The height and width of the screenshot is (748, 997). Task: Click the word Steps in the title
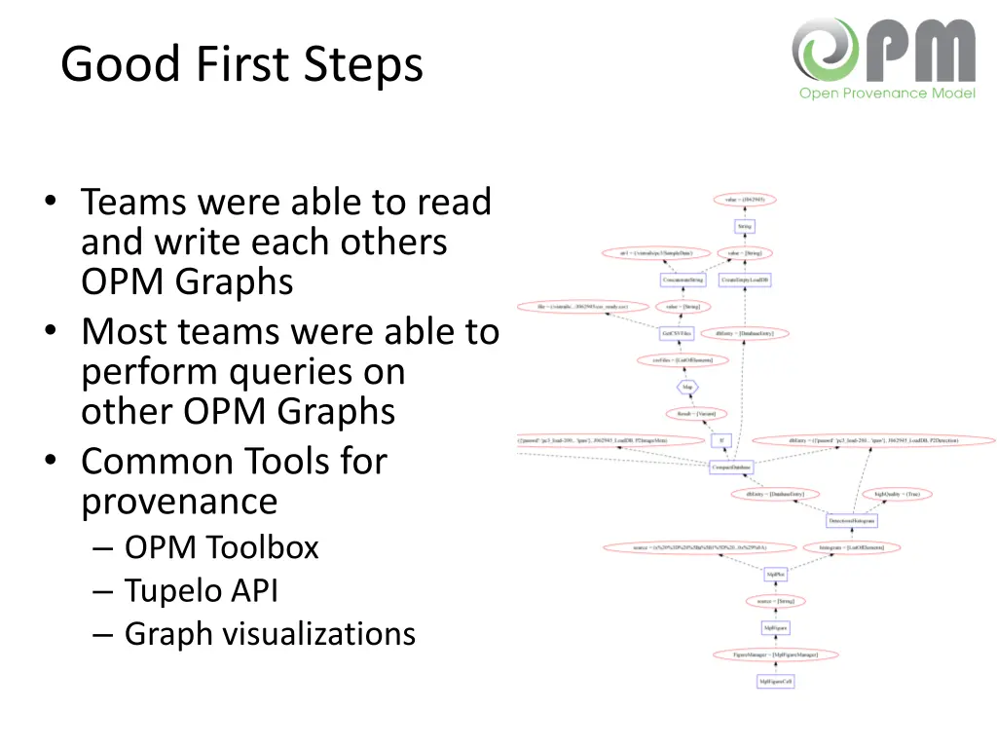(x=363, y=65)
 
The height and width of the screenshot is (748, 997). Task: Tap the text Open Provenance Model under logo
(x=887, y=93)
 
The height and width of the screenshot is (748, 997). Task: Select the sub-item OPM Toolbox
(x=221, y=547)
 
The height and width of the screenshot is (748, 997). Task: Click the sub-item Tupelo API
(x=201, y=590)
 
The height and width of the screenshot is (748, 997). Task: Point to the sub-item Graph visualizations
(x=270, y=633)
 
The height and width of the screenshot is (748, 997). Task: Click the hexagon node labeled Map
(x=688, y=387)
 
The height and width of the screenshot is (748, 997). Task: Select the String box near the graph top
(x=745, y=226)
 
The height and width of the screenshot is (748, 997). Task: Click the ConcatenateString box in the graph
(x=683, y=280)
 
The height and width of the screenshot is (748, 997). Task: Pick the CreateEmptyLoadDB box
(x=745, y=280)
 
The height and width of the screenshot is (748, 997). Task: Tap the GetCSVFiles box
(x=676, y=333)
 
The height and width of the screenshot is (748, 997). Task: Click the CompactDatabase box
(x=731, y=467)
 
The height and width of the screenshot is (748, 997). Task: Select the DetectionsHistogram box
(x=852, y=521)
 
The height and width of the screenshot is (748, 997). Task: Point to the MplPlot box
(x=775, y=575)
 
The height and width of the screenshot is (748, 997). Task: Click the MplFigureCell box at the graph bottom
(x=775, y=682)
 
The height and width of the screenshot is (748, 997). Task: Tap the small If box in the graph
(x=720, y=440)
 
